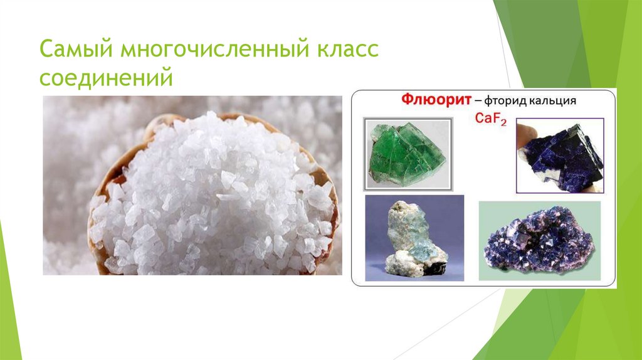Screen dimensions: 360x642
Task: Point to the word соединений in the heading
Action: click(105, 79)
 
